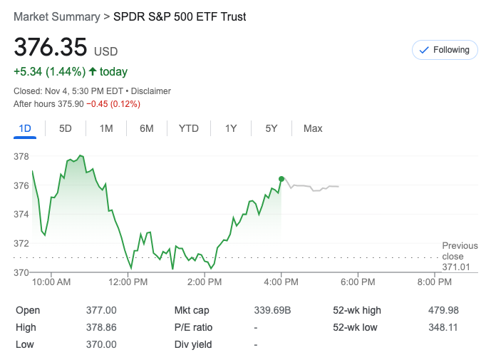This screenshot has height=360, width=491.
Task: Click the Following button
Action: [x=445, y=50]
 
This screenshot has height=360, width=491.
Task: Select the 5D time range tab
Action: [x=66, y=128]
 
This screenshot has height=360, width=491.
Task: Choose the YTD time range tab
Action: [x=188, y=128]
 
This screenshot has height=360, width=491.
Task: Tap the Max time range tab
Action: [x=313, y=128]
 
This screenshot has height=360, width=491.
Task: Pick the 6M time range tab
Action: [x=147, y=128]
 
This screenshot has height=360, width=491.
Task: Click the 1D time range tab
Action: [x=25, y=128]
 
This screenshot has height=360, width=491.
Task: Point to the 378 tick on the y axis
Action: [x=21, y=156]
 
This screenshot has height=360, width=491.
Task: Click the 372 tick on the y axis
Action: [x=21, y=243]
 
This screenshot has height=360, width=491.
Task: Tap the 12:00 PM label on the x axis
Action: [x=128, y=282]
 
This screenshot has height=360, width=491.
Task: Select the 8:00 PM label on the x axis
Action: [x=435, y=282]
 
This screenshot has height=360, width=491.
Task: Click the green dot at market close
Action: [x=281, y=179]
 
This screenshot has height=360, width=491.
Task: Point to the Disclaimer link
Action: [x=151, y=91]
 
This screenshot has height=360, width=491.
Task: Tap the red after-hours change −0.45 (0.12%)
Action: [x=113, y=104]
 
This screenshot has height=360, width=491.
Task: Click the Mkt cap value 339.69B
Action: [x=272, y=310]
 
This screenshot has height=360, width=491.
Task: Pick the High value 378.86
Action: [x=101, y=327]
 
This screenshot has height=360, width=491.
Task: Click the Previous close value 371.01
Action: [x=456, y=267]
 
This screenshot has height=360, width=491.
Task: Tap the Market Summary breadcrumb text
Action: [x=55, y=16]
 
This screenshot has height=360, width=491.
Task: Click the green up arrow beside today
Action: [x=93, y=71]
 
